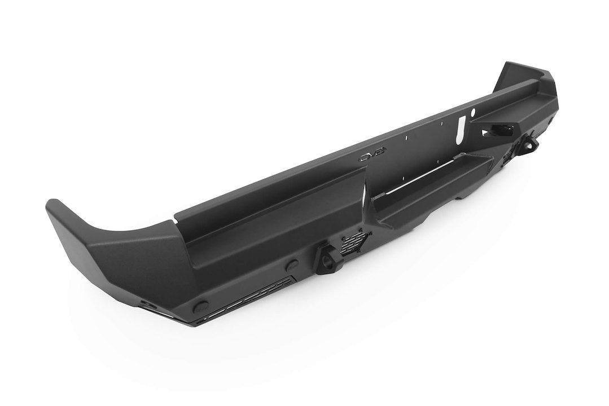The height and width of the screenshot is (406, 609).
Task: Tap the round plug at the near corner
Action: (201, 307)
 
